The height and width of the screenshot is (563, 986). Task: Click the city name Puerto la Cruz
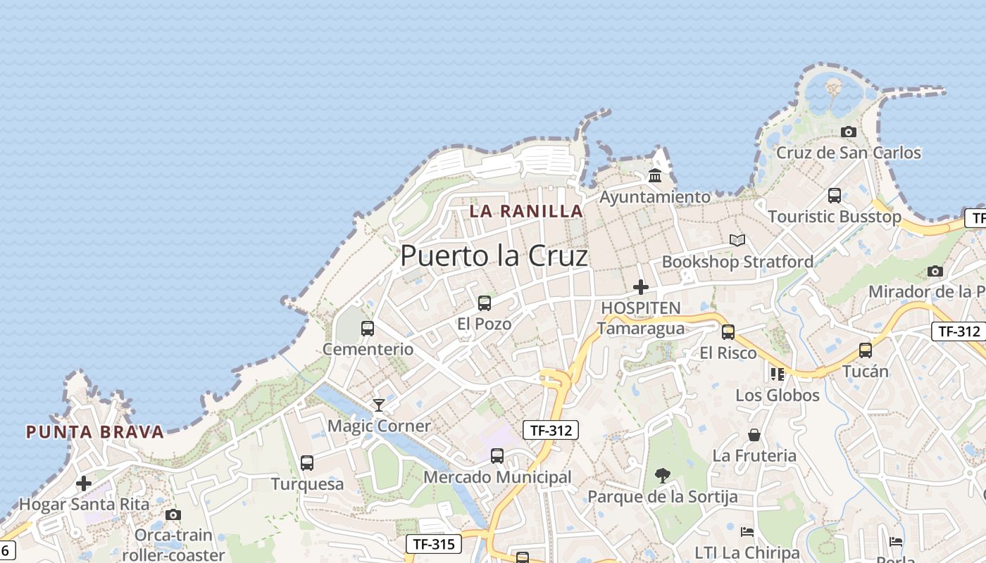click(x=494, y=255)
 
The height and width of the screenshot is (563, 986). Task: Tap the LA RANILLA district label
click(x=526, y=210)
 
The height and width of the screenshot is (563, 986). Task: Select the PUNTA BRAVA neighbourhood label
click(x=95, y=431)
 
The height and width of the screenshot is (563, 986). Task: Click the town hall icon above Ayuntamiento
click(x=655, y=175)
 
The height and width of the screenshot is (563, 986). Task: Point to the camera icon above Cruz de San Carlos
click(x=849, y=132)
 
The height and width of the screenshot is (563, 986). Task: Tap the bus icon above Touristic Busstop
click(x=835, y=195)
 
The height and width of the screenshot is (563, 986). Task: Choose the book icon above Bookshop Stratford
click(x=737, y=240)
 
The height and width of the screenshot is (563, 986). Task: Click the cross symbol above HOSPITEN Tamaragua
click(x=641, y=287)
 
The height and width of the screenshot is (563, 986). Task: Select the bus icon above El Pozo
click(x=485, y=303)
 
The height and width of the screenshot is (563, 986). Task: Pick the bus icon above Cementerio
click(x=368, y=328)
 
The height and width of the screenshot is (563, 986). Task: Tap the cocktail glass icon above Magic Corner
click(x=379, y=405)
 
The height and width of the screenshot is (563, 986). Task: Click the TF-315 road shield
click(x=434, y=544)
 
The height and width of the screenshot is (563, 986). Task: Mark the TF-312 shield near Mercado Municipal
click(x=551, y=430)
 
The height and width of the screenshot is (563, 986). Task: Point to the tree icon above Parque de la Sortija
click(x=663, y=476)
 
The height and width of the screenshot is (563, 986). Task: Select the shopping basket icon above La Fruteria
click(x=754, y=435)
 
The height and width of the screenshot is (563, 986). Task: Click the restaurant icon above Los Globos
click(x=778, y=374)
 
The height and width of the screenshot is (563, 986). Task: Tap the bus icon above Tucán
click(x=866, y=350)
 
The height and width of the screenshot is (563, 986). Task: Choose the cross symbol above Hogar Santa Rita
click(x=84, y=483)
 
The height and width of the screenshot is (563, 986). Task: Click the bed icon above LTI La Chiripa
click(x=747, y=532)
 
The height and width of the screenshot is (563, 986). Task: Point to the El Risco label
click(x=728, y=353)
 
